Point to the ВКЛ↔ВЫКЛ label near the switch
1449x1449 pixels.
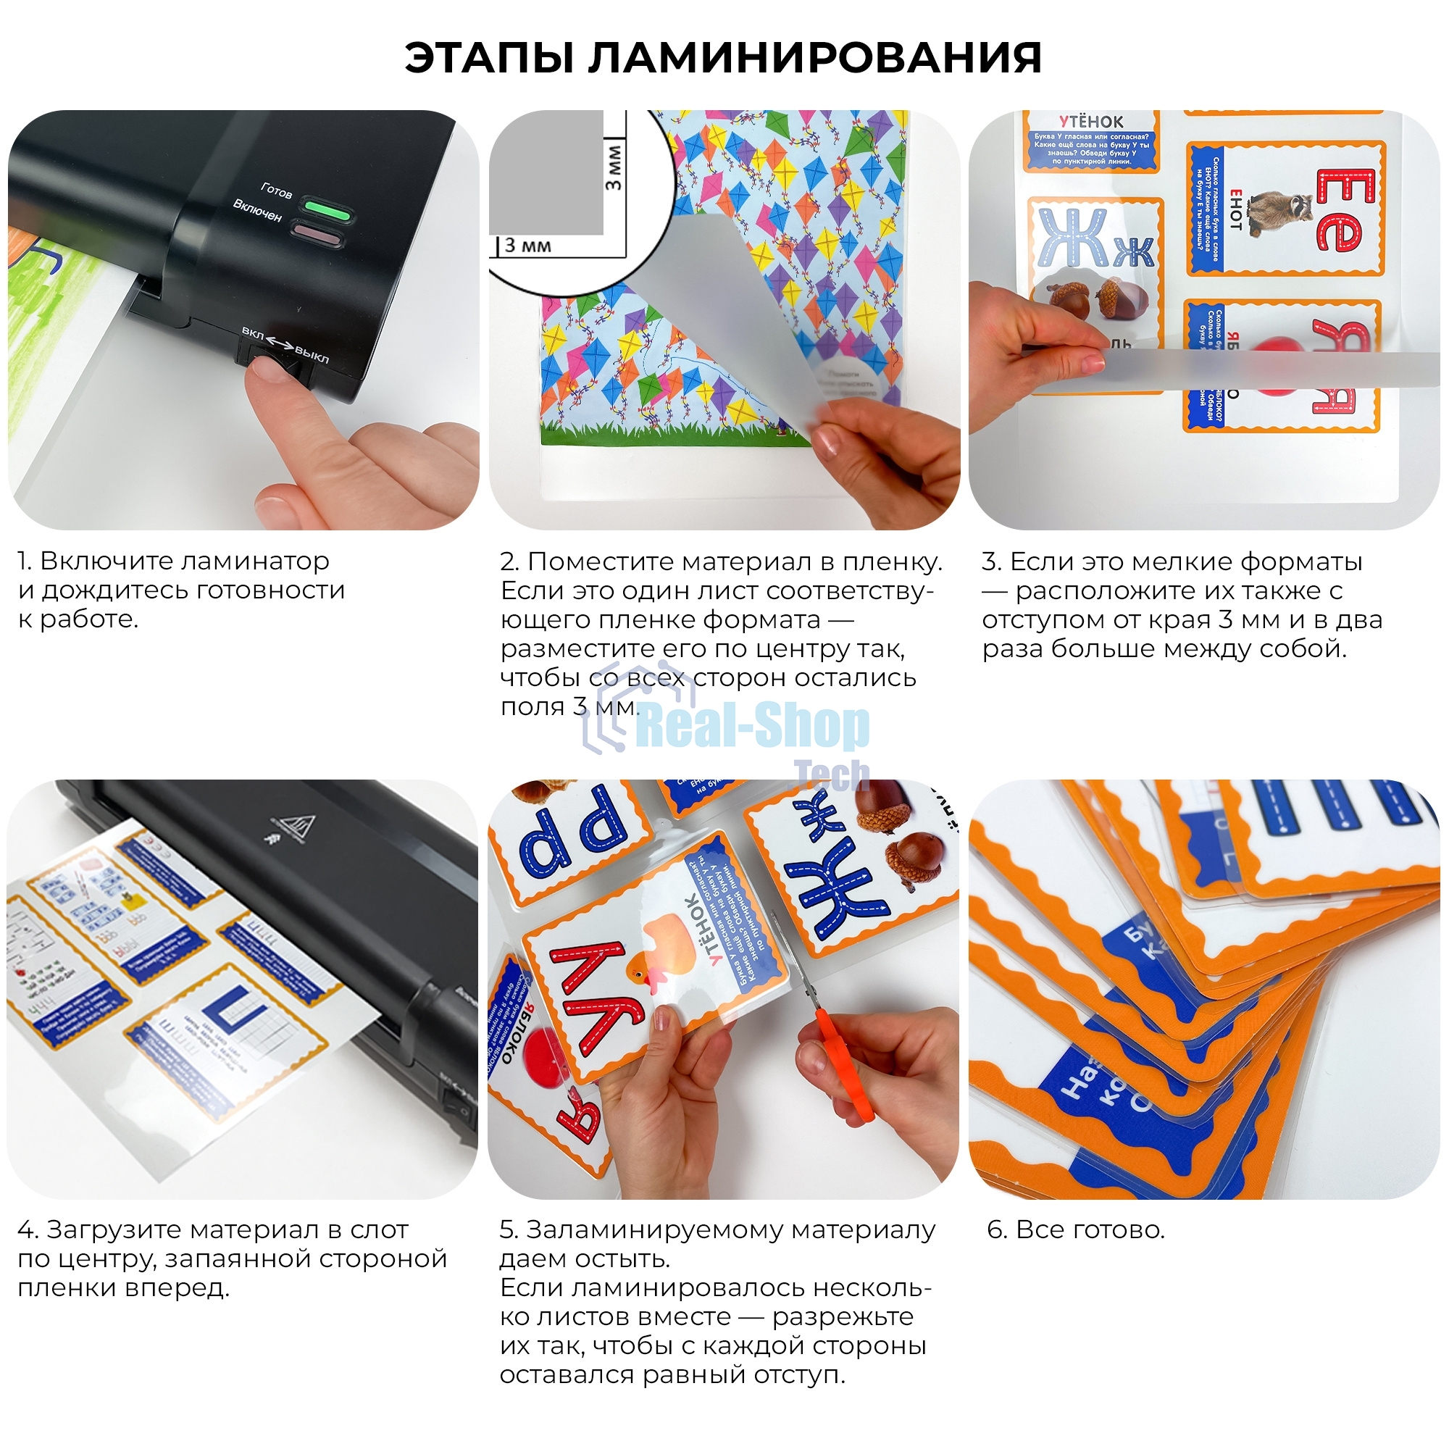click(285, 344)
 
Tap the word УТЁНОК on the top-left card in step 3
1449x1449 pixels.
click(1091, 122)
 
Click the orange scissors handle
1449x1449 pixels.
click(848, 1065)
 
